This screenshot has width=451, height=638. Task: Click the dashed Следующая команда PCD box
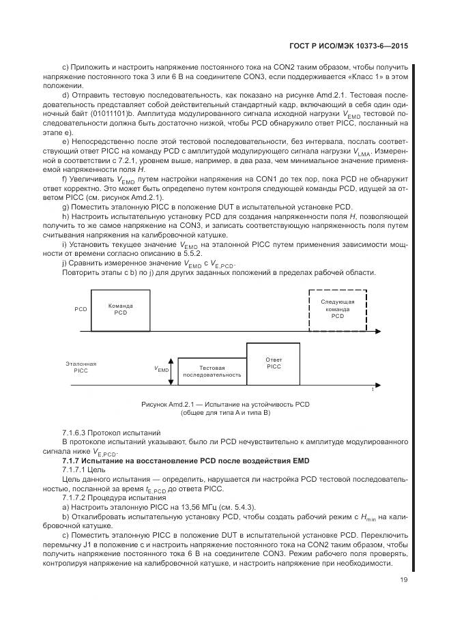click(x=338, y=311)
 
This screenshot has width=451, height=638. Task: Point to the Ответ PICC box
click(x=274, y=364)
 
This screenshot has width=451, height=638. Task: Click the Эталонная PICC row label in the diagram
click(x=81, y=368)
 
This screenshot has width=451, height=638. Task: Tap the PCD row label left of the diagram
click(x=81, y=309)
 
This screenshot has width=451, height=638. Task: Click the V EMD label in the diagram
click(x=162, y=369)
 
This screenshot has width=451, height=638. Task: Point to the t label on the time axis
click(x=372, y=389)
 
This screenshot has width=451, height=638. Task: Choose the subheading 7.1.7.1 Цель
click(x=85, y=471)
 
